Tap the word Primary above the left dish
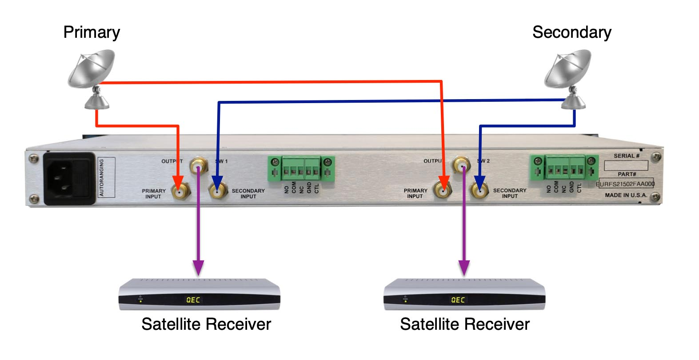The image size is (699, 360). (92, 32)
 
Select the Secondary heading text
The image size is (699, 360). (571, 32)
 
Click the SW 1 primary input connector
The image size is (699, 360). (180, 192)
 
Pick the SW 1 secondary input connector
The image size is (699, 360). (217, 192)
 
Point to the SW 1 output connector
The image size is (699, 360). (198, 167)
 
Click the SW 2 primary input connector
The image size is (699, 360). (443, 192)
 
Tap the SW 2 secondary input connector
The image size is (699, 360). (479, 192)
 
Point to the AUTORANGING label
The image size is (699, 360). (101, 177)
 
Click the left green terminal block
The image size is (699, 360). (301, 168)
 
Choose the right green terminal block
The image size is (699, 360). (564, 168)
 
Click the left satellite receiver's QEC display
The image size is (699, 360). (193, 300)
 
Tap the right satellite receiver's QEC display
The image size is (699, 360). (458, 300)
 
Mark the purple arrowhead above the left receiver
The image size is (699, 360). (198, 268)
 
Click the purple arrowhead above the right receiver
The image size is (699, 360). (464, 268)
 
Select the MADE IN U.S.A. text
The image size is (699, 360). (626, 195)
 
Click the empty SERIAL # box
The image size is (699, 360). (626, 165)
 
